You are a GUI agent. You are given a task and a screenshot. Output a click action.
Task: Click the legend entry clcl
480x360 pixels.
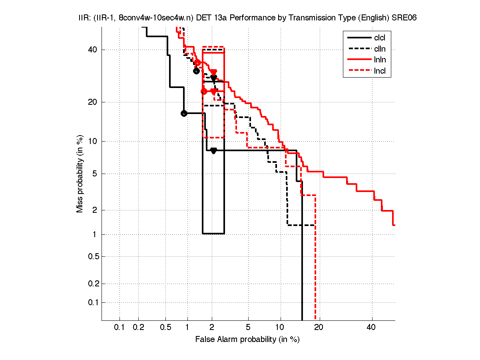point(379,38)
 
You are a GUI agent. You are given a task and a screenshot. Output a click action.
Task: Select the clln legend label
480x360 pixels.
point(379,49)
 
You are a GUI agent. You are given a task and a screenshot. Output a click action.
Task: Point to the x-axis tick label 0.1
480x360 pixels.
point(120,328)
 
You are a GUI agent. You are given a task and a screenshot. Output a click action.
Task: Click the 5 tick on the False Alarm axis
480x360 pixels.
point(248,328)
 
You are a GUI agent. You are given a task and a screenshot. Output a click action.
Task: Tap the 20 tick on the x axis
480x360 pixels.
point(319,328)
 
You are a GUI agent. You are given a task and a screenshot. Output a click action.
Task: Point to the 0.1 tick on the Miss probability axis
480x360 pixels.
point(92,302)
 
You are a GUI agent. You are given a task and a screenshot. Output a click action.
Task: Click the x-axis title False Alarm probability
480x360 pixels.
point(247,340)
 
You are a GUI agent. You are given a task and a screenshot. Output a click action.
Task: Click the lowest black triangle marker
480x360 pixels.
point(213,151)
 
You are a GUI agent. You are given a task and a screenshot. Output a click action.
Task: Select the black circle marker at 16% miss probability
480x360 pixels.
point(184,113)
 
